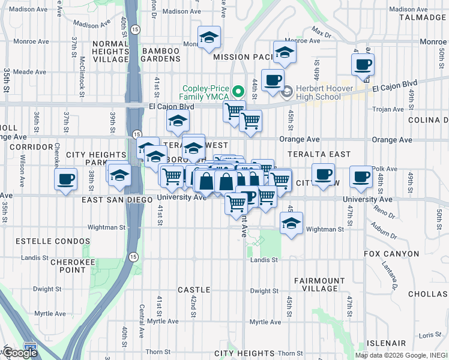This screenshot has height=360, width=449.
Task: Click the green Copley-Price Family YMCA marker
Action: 238,92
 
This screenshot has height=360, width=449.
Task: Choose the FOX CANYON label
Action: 391,254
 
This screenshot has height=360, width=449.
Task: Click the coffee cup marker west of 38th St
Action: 65,179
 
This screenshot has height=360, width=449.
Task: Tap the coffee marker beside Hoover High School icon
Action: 272,80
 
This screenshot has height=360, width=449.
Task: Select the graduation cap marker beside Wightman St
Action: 291,224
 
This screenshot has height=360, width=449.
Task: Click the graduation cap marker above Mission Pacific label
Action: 209,38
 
